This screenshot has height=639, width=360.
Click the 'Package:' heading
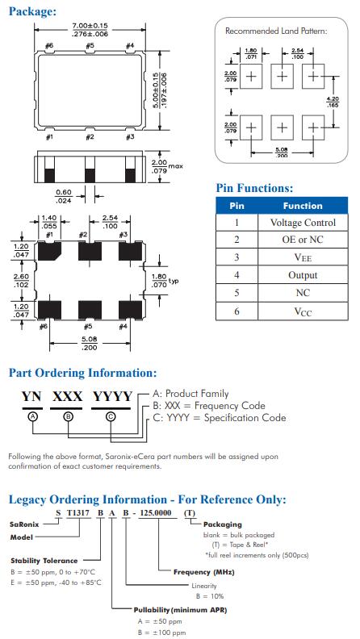(32, 11)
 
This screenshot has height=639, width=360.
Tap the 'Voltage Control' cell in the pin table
(303, 223)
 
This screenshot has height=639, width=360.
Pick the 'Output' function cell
(303, 275)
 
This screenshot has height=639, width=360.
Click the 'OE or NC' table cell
(303, 240)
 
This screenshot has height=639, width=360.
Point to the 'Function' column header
(303, 206)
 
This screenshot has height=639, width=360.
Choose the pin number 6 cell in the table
(237, 311)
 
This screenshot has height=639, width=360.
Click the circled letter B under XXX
(69, 416)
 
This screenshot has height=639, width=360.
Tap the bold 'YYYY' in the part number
(112, 396)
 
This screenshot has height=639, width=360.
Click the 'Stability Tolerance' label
(44, 561)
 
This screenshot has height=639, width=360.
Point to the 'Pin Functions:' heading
(254, 188)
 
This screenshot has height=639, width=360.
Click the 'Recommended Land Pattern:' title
(276, 31)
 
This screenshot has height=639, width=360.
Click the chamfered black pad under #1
(49, 251)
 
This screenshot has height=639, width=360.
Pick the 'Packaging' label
(222, 524)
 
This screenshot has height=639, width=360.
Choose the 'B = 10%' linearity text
(210, 596)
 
